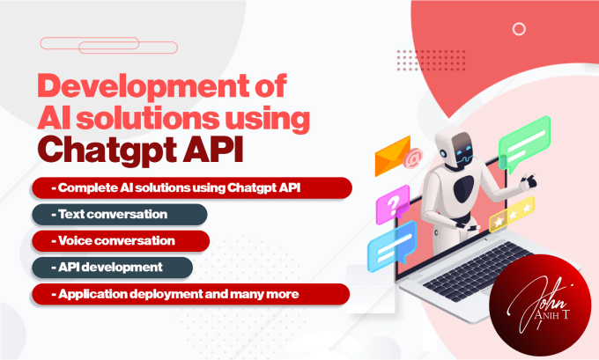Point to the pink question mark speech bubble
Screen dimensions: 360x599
coord(391,207)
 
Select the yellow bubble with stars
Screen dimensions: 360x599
coord(511,215)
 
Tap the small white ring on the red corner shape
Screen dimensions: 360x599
coord(520,29)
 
